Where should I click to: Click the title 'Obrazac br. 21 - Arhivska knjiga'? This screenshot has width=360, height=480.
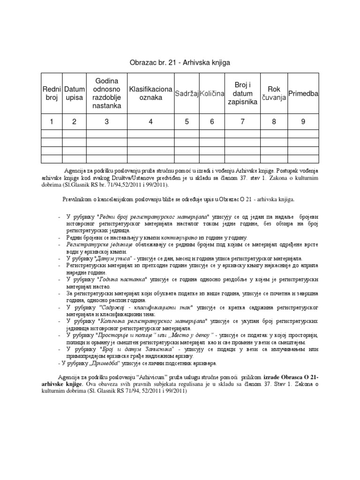(180, 62)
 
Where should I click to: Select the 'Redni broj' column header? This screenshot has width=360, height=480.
(51, 94)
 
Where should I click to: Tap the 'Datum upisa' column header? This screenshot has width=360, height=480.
(74, 94)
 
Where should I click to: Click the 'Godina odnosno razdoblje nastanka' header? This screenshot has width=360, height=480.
(106, 94)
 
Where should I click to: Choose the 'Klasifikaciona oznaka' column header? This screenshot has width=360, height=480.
(150, 94)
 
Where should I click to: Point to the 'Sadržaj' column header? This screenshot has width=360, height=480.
(186, 94)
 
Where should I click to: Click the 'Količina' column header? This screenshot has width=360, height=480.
(212, 94)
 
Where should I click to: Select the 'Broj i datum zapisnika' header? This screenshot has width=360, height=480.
(242, 94)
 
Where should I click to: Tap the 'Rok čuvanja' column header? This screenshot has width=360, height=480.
(274, 94)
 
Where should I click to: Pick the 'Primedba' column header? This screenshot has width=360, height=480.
(303, 94)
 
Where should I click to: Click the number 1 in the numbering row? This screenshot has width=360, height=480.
(51, 122)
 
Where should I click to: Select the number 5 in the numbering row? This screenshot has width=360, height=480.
(186, 122)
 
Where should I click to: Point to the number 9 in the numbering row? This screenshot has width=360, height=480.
(303, 122)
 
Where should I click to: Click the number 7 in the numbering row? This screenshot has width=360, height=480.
(242, 122)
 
